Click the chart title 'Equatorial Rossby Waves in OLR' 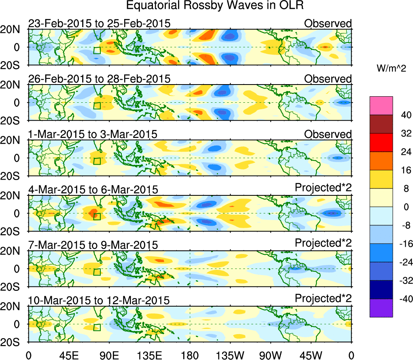point(215,6)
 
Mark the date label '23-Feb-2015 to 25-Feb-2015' point(100,23)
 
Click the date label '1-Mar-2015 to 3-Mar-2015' point(93,134)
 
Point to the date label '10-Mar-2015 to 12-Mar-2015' point(100,301)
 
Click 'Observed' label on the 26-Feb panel point(328,78)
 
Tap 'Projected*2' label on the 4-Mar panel point(323,188)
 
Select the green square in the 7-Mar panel point(97,272)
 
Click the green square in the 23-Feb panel point(97,50)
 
